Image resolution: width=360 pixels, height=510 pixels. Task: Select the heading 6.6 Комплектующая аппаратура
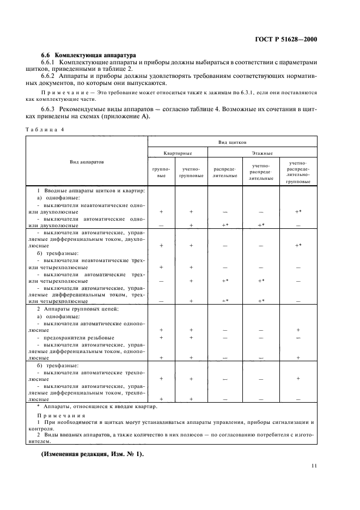tap(89, 56)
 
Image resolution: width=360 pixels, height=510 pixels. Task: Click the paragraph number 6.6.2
tap(50, 78)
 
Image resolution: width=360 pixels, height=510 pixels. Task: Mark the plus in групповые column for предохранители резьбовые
tap(161, 338)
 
